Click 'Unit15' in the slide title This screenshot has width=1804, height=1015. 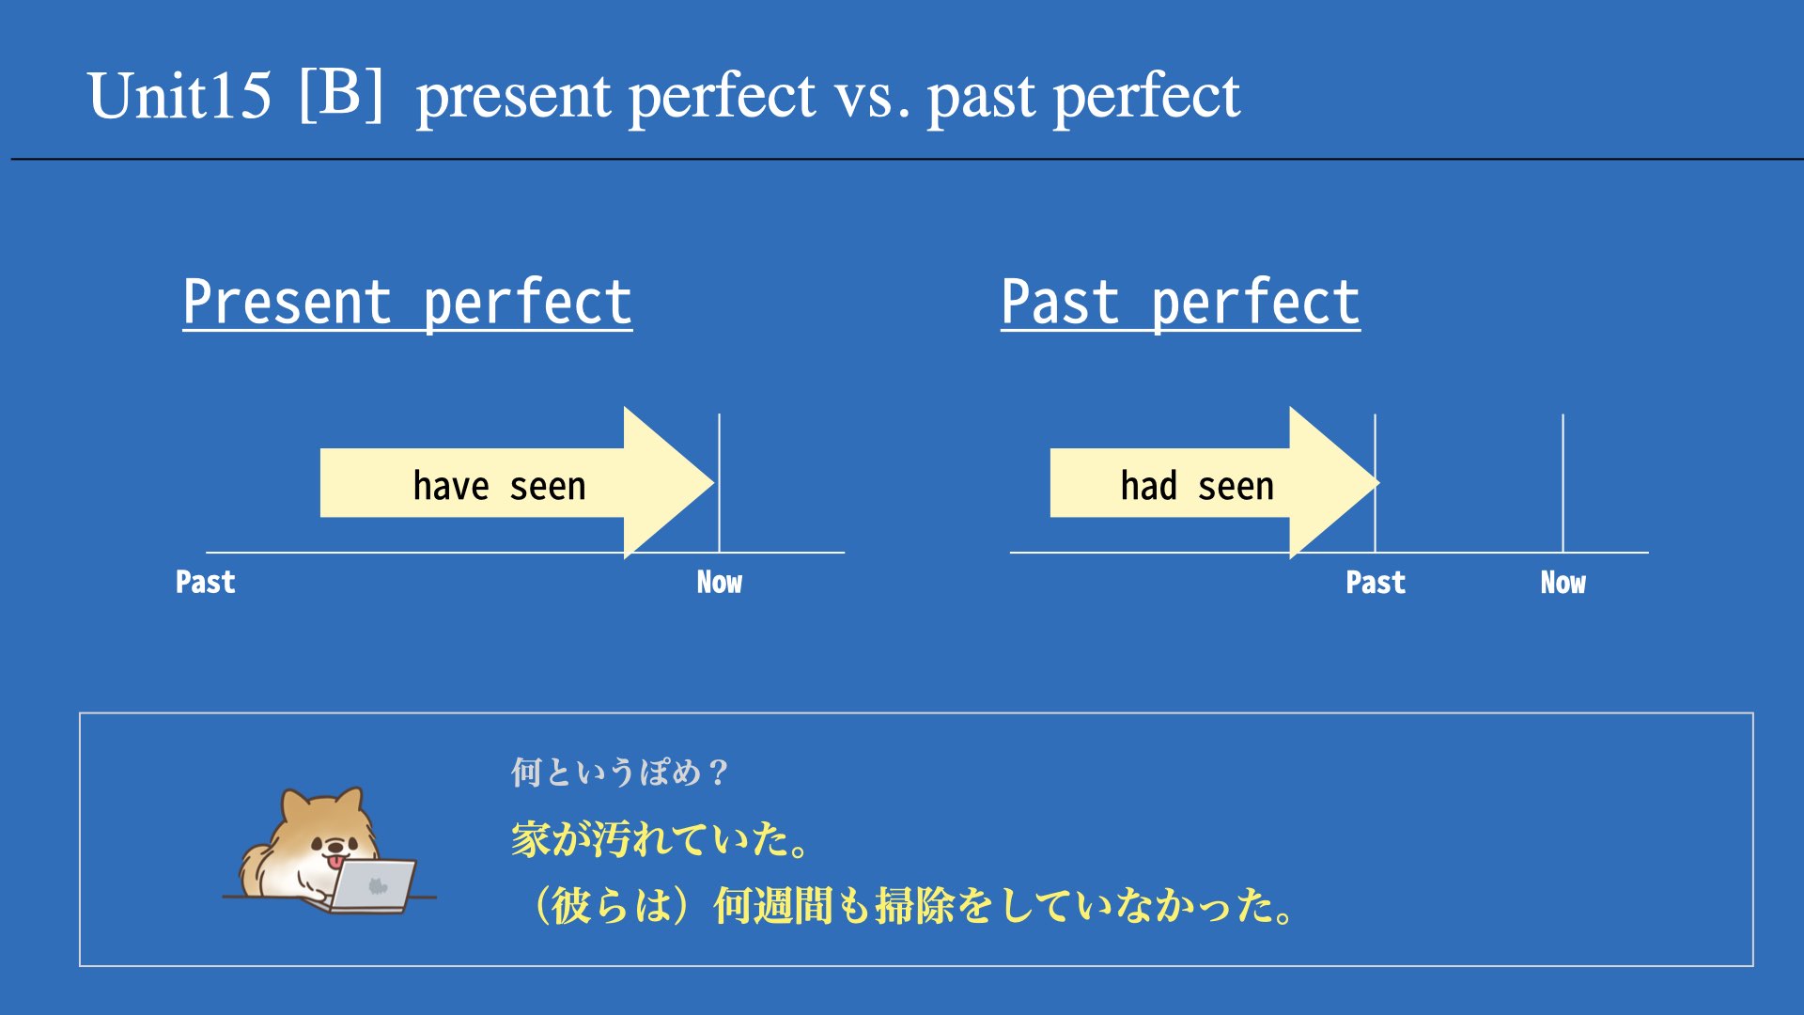click(179, 96)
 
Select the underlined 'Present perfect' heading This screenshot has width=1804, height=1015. click(407, 303)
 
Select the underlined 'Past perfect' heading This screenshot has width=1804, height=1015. click(1180, 303)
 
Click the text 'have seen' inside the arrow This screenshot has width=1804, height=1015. click(499, 486)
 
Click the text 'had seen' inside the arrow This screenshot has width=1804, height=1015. click(1197, 486)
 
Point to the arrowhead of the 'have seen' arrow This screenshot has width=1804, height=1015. click(713, 483)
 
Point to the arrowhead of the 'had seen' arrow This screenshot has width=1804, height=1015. click(1377, 483)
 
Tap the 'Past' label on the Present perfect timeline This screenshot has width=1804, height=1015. click(205, 583)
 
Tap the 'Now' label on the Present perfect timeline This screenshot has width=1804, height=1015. click(719, 583)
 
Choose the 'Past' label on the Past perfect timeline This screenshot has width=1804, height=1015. click(1376, 583)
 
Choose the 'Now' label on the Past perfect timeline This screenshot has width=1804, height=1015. click(1563, 583)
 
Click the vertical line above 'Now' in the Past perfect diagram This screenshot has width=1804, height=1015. click(1563, 483)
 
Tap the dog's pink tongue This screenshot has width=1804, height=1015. click(334, 861)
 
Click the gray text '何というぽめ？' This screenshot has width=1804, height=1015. click(620, 773)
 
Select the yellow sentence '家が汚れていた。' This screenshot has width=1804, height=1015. click(661, 838)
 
